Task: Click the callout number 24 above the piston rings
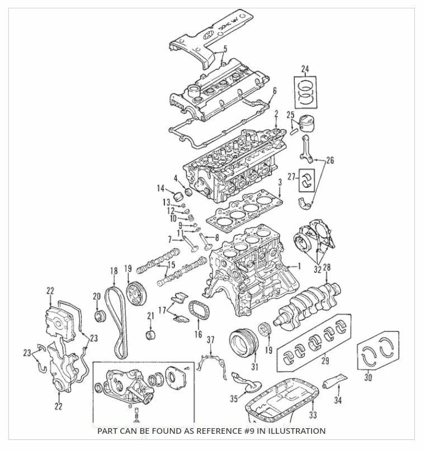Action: coord(305,69)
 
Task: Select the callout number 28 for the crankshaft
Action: coord(326,268)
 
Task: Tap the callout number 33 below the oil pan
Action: coord(313,415)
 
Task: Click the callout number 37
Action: coord(211,340)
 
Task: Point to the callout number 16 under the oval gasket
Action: coord(198,334)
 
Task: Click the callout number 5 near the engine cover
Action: coord(225,49)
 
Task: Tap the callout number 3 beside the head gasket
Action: coord(279,182)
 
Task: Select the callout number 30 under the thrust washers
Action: coord(367,377)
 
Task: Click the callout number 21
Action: coord(150,316)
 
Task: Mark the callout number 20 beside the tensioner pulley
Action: coord(96,296)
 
